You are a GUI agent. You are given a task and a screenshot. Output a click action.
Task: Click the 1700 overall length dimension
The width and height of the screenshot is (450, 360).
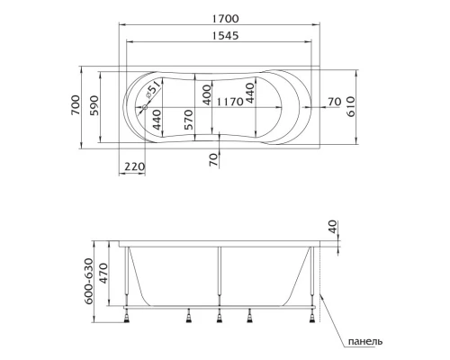(x=226, y=19)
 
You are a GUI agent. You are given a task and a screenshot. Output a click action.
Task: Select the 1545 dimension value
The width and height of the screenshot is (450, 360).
(x=226, y=36)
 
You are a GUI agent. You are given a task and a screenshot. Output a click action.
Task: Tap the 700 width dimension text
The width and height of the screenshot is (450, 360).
(x=76, y=105)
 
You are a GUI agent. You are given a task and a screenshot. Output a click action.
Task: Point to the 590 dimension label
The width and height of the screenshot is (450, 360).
(x=94, y=105)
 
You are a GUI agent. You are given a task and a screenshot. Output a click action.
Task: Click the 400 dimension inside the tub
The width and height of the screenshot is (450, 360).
(x=207, y=94)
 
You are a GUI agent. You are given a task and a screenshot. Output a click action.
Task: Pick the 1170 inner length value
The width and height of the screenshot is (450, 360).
(x=229, y=102)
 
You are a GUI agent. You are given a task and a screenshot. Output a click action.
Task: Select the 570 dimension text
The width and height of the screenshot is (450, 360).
(x=188, y=120)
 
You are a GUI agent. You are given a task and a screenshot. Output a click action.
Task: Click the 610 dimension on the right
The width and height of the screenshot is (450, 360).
(x=350, y=106)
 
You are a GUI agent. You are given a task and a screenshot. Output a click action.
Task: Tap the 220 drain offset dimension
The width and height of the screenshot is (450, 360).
(x=135, y=166)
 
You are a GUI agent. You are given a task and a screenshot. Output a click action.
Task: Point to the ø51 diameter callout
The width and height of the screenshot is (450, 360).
(x=154, y=90)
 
